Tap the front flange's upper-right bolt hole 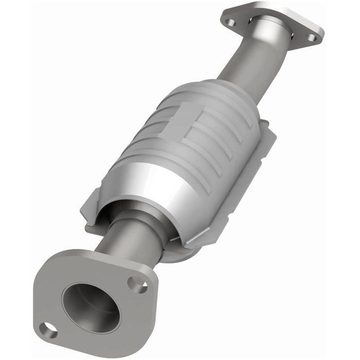click(x=137, y=283)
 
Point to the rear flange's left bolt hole click(x=231, y=22)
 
